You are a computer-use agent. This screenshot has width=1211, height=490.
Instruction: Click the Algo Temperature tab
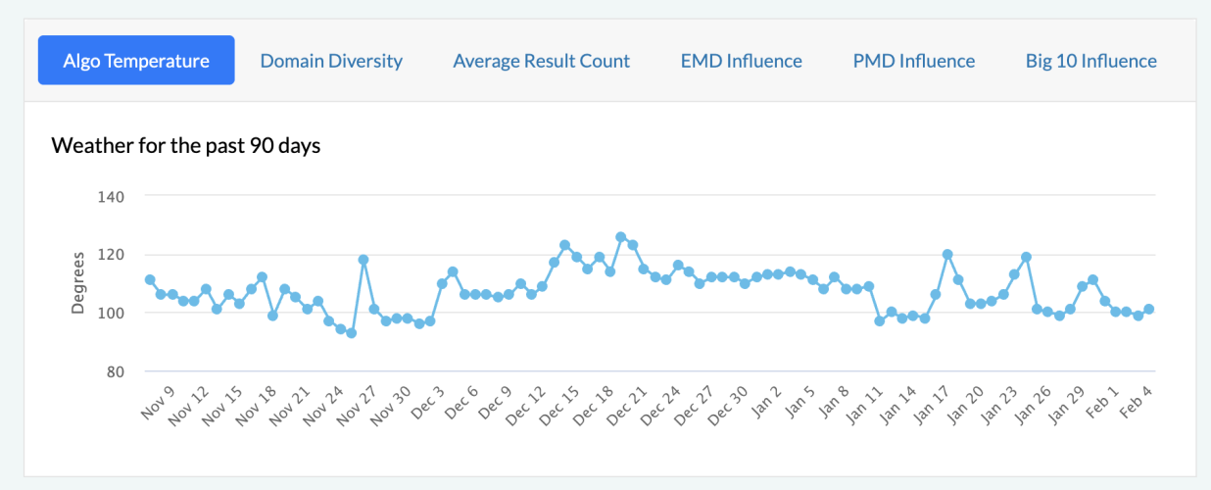point(136,61)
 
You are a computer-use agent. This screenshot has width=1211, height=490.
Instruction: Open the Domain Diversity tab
point(331,61)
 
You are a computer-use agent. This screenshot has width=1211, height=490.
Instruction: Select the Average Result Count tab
point(541,61)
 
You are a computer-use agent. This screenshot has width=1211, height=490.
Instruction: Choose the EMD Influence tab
point(741,61)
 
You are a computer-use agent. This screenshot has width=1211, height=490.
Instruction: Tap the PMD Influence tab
point(913,61)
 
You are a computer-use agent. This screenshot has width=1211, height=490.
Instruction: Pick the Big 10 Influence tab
point(1090,61)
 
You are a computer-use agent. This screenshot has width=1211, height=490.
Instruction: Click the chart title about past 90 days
point(186,146)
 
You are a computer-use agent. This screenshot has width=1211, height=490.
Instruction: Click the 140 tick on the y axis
point(111,196)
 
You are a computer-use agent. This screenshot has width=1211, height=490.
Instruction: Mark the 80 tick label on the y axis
point(115,371)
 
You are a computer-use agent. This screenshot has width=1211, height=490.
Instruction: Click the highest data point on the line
point(621,236)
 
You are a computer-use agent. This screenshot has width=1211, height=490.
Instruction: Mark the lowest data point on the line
point(351,333)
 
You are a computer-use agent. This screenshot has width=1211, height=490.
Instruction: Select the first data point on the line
point(150,279)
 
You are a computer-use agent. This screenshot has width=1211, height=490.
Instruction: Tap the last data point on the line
point(1149,309)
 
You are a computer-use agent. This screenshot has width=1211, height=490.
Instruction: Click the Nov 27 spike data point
point(363,260)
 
